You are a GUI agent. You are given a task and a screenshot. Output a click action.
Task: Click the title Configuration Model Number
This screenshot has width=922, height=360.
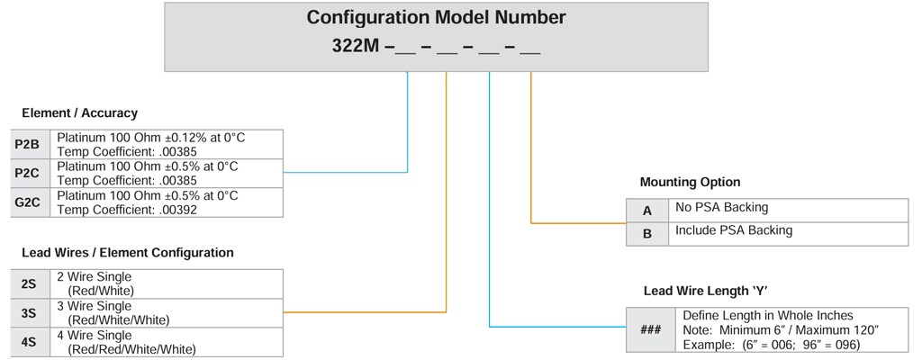[x=436, y=17]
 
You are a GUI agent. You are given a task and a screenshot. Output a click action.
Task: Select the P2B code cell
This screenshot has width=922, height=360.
[x=27, y=144]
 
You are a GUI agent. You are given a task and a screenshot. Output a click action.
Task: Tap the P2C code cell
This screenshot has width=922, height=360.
[x=27, y=173]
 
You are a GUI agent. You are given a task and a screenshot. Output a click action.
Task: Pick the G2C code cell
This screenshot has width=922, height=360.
[x=27, y=202]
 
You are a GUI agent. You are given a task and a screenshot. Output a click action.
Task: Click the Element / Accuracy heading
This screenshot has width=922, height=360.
[x=79, y=113]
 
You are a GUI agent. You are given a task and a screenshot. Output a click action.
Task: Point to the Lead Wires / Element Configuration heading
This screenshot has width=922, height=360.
[x=127, y=253]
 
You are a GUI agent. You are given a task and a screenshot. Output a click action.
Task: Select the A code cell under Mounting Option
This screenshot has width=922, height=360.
[x=646, y=210]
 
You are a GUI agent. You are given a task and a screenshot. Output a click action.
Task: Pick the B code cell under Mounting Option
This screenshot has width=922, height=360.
[x=646, y=233]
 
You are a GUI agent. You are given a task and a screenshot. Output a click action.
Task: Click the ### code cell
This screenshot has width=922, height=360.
[x=650, y=329]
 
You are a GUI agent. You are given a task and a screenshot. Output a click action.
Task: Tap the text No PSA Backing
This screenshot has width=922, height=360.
[x=721, y=208]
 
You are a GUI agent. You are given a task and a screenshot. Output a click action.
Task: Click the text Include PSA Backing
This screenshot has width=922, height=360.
[x=733, y=230]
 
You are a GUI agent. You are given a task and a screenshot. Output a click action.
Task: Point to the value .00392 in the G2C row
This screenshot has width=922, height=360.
[x=181, y=210]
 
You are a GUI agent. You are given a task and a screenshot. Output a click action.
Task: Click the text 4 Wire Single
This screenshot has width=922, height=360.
[x=94, y=336]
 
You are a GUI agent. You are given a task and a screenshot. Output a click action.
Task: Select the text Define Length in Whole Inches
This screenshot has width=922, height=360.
[x=767, y=316]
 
